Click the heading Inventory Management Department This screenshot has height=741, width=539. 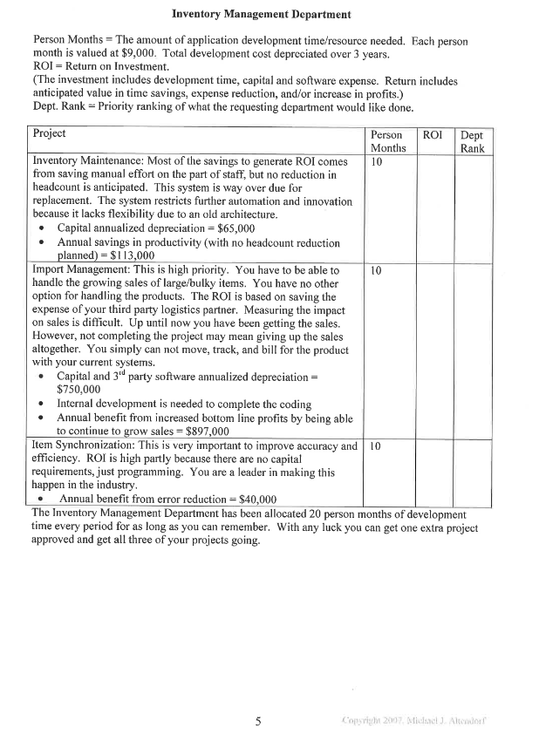(x=262, y=14)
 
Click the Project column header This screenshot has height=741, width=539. (x=49, y=133)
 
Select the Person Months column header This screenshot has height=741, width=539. (x=386, y=141)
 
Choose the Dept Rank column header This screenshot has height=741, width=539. (x=471, y=141)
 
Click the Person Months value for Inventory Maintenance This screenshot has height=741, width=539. (x=377, y=162)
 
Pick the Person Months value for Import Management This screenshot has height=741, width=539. (x=377, y=271)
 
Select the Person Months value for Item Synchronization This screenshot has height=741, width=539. (x=377, y=446)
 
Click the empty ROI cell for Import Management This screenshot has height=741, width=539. (x=433, y=349)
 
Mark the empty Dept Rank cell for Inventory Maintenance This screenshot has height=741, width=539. (x=473, y=209)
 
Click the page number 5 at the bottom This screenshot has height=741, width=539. (x=257, y=720)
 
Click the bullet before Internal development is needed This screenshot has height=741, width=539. (x=44, y=404)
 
